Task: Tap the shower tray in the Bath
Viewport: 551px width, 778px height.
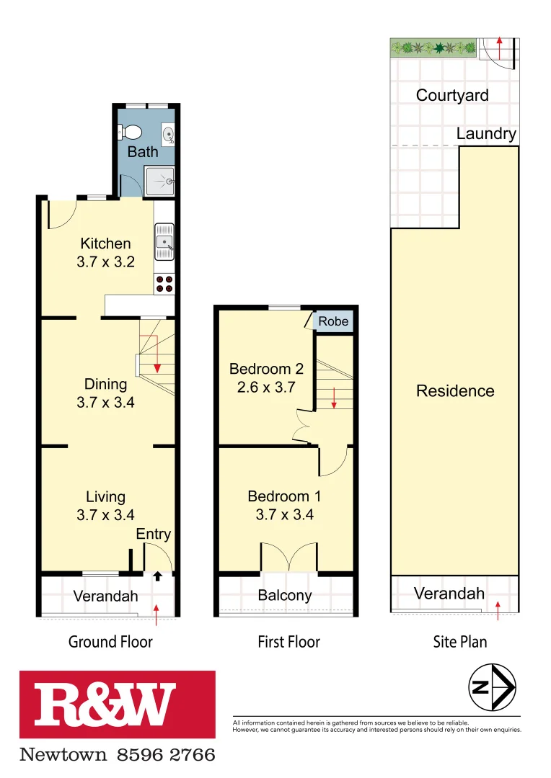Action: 159,181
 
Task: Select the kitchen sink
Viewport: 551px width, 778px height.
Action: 164,241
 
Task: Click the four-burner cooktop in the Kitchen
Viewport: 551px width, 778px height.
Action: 164,284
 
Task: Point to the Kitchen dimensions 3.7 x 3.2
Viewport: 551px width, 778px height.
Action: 105,262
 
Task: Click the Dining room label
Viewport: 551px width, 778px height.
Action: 105,384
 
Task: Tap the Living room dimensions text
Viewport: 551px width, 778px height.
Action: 105,515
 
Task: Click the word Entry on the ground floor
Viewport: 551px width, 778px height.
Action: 154,534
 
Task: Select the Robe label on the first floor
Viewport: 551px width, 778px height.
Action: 333,322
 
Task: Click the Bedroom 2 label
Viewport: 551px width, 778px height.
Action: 266,369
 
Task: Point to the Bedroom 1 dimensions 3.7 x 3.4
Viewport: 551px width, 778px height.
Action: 284,514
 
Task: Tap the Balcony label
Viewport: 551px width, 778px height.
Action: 285,596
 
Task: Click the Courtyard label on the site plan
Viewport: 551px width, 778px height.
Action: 452,95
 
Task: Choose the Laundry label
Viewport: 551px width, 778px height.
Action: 486,133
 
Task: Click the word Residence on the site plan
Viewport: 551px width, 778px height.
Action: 455,391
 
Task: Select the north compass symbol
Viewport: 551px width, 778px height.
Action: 492,688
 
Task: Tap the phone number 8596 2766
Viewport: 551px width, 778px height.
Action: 165,755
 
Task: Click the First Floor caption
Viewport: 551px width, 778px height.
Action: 288,641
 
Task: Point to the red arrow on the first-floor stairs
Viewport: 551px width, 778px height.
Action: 334,398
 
